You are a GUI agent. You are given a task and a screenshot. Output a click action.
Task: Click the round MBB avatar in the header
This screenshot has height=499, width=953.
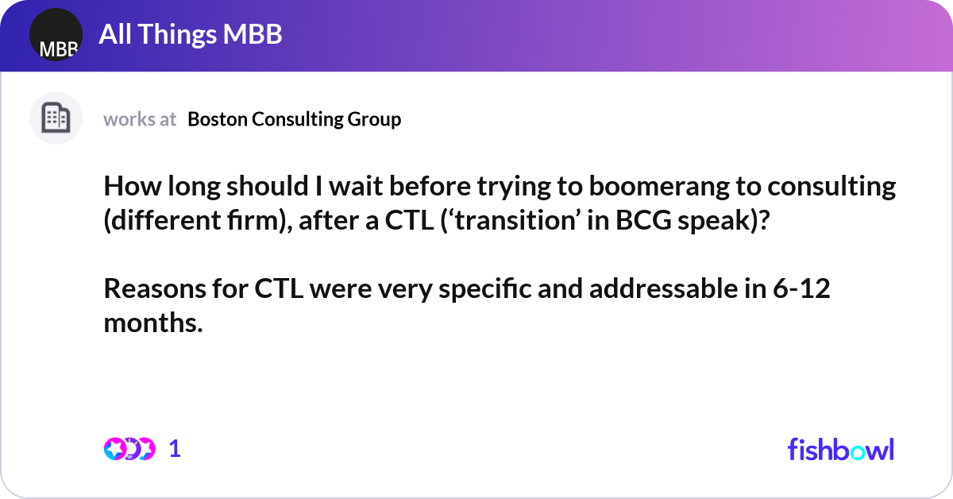click(56, 35)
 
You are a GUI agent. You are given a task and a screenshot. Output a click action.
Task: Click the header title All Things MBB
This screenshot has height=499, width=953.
click(191, 35)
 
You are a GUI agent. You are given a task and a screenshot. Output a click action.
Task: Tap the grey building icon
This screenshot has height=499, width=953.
click(56, 118)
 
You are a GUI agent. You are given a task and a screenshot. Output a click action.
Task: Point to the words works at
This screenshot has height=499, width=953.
click(140, 119)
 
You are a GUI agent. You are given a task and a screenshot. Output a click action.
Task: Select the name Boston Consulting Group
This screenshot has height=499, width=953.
click(295, 119)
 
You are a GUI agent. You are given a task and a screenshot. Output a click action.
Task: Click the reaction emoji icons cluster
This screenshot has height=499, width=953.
click(129, 449)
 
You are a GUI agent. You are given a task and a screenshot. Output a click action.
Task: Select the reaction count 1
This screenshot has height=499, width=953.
click(176, 449)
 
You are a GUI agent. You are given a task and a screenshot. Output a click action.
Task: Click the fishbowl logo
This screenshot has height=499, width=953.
click(840, 449)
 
